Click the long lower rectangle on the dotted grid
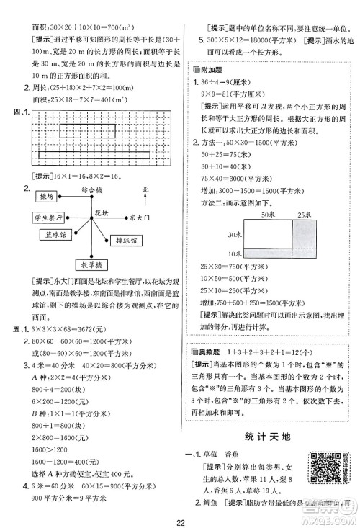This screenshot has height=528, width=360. [94, 155]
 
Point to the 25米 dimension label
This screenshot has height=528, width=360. [305, 215]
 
